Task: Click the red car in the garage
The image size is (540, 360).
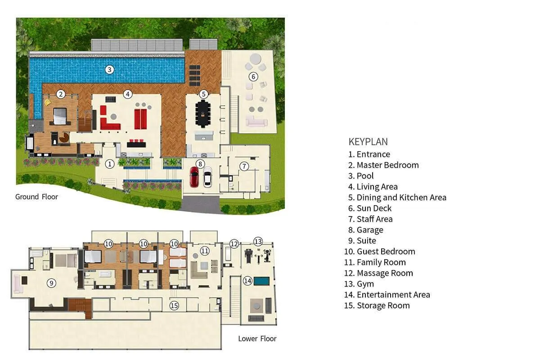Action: pyautogui.click(x=194, y=177)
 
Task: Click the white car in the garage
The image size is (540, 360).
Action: pyautogui.click(x=207, y=177)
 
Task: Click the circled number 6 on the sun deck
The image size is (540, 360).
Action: pyautogui.click(x=253, y=76)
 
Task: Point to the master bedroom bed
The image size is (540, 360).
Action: pyautogui.click(x=60, y=116)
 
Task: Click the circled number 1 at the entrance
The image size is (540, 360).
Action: pyautogui.click(x=109, y=164)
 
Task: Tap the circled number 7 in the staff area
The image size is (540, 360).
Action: pyautogui.click(x=243, y=166)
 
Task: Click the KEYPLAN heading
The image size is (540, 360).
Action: pyautogui.click(x=368, y=142)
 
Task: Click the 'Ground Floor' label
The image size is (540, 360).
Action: pyautogui.click(x=36, y=197)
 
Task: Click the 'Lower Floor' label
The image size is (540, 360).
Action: pyautogui.click(x=257, y=338)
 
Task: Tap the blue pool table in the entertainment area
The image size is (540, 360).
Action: pyautogui.click(x=261, y=281)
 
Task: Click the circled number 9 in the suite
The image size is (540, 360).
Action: pyautogui.click(x=52, y=283)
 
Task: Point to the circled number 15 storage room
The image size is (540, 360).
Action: pyautogui.click(x=174, y=306)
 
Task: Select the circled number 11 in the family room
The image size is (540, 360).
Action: pyautogui.click(x=205, y=251)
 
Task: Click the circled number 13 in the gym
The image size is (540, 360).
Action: pyautogui.click(x=257, y=241)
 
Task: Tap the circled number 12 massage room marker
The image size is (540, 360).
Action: pyautogui.click(x=234, y=244)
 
